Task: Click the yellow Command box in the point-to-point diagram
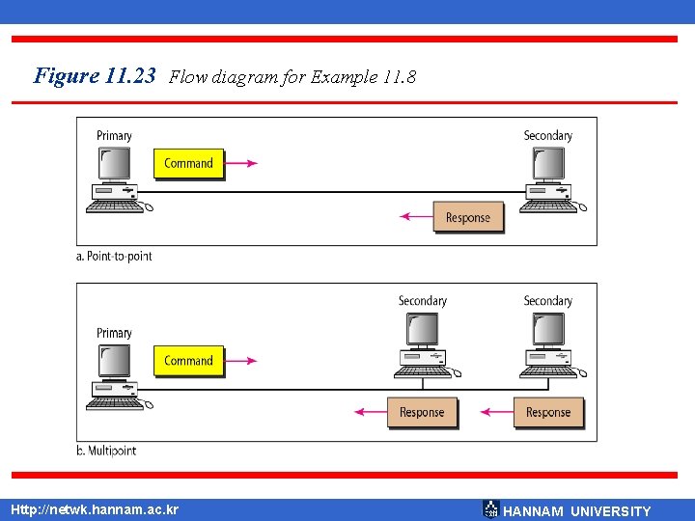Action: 188,163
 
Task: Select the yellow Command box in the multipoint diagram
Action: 188,361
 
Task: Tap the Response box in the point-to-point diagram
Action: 468,218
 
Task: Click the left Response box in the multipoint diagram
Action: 422,413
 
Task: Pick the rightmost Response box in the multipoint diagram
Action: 548,413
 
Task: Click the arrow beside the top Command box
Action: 241,163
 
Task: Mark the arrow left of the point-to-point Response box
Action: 416,217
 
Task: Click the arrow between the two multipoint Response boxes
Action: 496,413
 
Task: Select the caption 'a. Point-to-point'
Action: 114,256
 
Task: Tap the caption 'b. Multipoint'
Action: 106,451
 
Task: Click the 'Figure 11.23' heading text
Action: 95,76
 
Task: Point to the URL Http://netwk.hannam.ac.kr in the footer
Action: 94,509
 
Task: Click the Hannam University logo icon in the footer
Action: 490,509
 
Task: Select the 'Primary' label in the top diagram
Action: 114,136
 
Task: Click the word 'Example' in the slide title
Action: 342,78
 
